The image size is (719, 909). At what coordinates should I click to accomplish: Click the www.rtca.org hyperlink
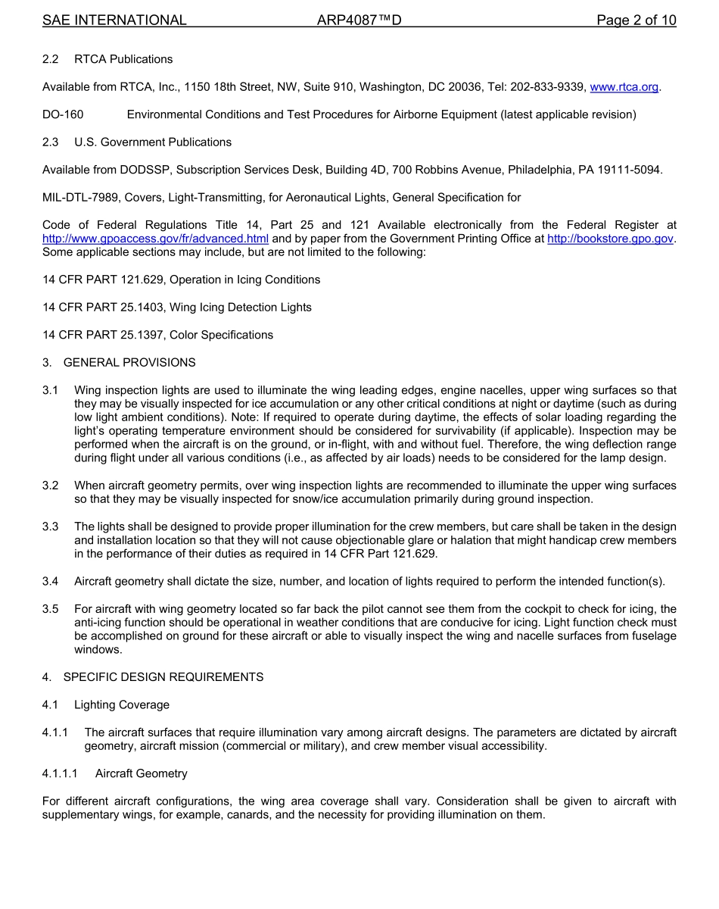(624, 87)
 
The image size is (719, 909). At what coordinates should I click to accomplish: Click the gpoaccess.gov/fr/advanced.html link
(155, 239)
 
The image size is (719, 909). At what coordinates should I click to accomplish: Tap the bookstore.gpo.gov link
(610, 239)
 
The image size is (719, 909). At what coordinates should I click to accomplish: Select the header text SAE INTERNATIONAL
(114, 20)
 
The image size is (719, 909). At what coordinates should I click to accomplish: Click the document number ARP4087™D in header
(359, 20)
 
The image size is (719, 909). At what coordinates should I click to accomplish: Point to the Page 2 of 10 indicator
(636, 20)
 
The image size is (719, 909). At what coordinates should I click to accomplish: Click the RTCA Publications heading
(123, 59)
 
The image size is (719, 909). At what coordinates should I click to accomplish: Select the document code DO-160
(63, 114)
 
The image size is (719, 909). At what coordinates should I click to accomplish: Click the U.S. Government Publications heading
(153, 142)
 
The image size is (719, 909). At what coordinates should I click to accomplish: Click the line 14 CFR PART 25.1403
(177, 308)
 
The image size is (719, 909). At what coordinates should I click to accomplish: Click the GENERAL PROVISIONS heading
(129, 362)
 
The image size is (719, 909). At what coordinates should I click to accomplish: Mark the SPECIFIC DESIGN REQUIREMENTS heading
(163, 677)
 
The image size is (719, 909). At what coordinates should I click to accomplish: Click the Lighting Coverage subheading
(122, 704)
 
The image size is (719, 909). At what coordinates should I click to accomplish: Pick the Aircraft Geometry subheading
(142, 773)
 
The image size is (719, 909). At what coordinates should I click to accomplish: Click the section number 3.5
(50, 609)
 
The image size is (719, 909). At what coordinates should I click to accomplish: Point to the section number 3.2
(50, 486)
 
